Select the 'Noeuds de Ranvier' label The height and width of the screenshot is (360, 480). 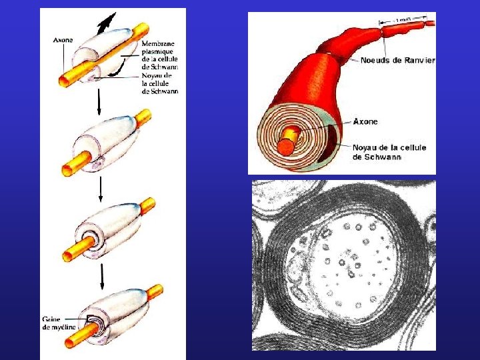click(x=397, y=61)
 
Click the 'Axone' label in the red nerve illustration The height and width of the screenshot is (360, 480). click(x=365, y=122)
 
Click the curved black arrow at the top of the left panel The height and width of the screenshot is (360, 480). click(x=105, y=24)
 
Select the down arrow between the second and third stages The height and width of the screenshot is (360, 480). click(x=100, y=189)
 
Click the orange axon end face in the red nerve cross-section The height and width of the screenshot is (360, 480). click(x=287, y=146)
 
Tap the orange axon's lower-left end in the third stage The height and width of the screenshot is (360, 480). click(x=69, y=255)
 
